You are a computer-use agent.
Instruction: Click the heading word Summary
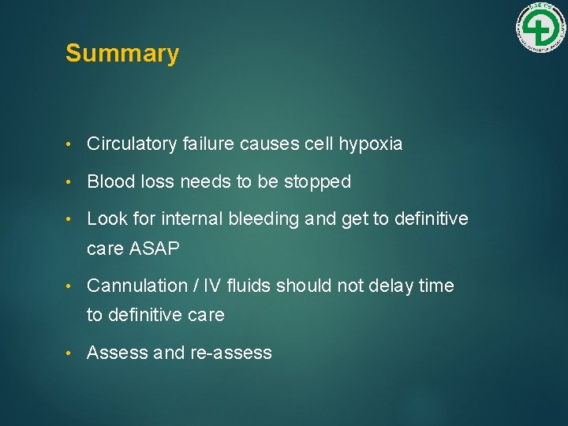tap(122, 54)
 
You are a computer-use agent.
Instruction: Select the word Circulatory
tap(132, 144)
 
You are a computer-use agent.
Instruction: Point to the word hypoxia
tap(371, 144)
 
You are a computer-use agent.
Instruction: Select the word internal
tap(195, 219)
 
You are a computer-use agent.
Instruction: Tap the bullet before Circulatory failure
tap(71, 144)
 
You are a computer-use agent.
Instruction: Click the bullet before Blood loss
tap(71, 182)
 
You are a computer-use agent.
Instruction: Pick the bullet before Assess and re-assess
tap(71, 353)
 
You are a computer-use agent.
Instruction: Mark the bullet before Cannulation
tap(71, 286)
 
